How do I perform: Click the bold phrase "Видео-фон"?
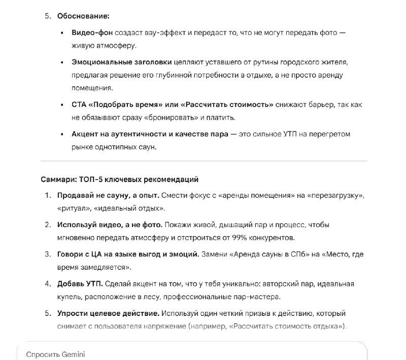[x=92, y=32]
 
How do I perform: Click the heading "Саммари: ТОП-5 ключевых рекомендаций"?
[x=119, y=179]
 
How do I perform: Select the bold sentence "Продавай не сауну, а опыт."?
[x=109, y=195]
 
